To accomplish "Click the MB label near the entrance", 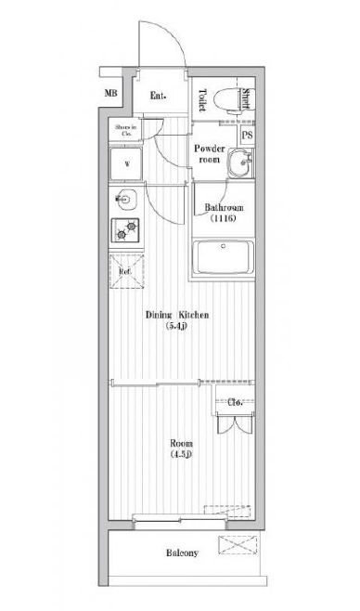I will coord(111,94).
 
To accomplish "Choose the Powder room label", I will coord(211,153).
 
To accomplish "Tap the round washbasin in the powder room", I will coord(239,167).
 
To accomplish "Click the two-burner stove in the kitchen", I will coord(125,229).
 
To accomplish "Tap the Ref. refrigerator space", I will coord(125,271).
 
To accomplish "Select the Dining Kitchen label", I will coord(176,321).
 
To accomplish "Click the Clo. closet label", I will coord(236,403).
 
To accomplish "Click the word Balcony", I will coord(182,554).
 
